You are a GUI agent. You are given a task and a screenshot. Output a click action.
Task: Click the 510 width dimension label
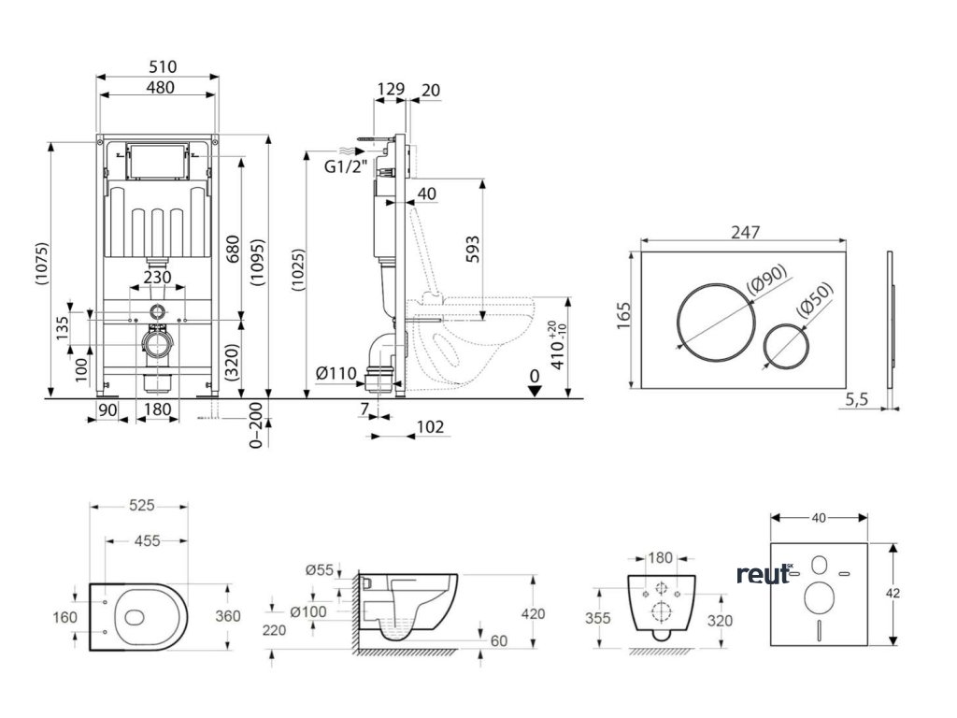coord(157,67)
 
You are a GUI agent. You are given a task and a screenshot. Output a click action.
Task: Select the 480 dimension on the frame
coord(157,87)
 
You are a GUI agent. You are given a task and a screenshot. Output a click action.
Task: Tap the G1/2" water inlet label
coord(345,168)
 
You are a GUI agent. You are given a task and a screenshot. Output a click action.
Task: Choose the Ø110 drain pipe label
coord(336,374)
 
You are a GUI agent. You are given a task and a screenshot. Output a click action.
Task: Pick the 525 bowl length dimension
coord(140,505)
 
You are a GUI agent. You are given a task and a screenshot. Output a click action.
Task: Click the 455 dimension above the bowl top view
coord(146,540)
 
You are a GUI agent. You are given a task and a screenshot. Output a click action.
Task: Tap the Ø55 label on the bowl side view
coord(321,568)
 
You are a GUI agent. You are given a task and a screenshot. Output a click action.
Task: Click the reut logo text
coord(763,574)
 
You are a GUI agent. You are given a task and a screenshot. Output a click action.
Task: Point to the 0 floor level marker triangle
coord(534,389)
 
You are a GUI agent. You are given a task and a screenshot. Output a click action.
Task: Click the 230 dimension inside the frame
coord(157,278)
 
